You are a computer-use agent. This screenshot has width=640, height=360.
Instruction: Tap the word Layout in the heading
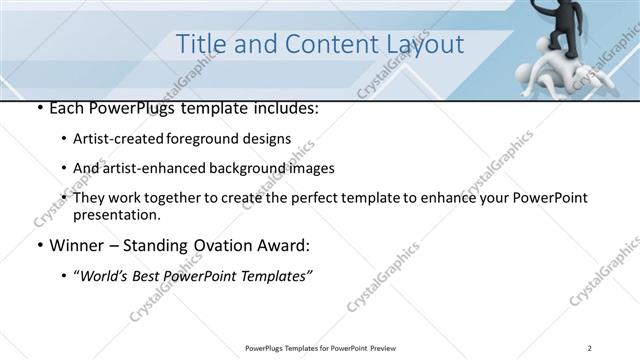[421, 44]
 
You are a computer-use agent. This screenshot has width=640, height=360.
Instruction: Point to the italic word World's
[107, 276]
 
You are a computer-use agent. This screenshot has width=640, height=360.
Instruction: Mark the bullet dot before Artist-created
[65, 140]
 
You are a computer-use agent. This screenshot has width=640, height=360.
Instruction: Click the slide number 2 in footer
[591, 348]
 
